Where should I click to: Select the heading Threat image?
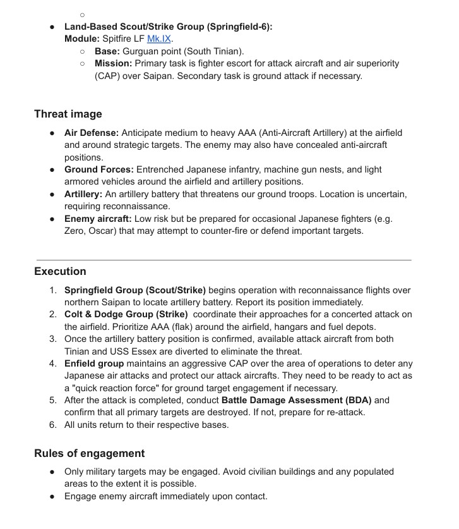[x=68, y=114]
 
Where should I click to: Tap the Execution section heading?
[x=60, y=272]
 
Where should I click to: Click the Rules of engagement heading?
[x=89, y=454]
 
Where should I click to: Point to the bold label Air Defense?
[x=92, y=133]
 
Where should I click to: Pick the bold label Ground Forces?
[x=99, y=170]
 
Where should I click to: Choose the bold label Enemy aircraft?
[x=98, y=219]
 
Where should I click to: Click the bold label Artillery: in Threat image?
[x=83, y=194]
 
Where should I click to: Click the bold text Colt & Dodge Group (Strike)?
[x=126, y=315]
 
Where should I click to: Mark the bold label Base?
[x=107, y=51]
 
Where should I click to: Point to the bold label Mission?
[x=113, y=64]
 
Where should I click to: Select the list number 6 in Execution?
[x=53, y=425]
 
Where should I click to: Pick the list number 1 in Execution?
[x=53, y=291]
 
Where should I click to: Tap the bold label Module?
[x=81, y=39]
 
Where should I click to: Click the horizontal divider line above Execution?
[x=224, y=260]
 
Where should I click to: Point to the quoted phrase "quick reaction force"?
[x=121, y=388]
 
